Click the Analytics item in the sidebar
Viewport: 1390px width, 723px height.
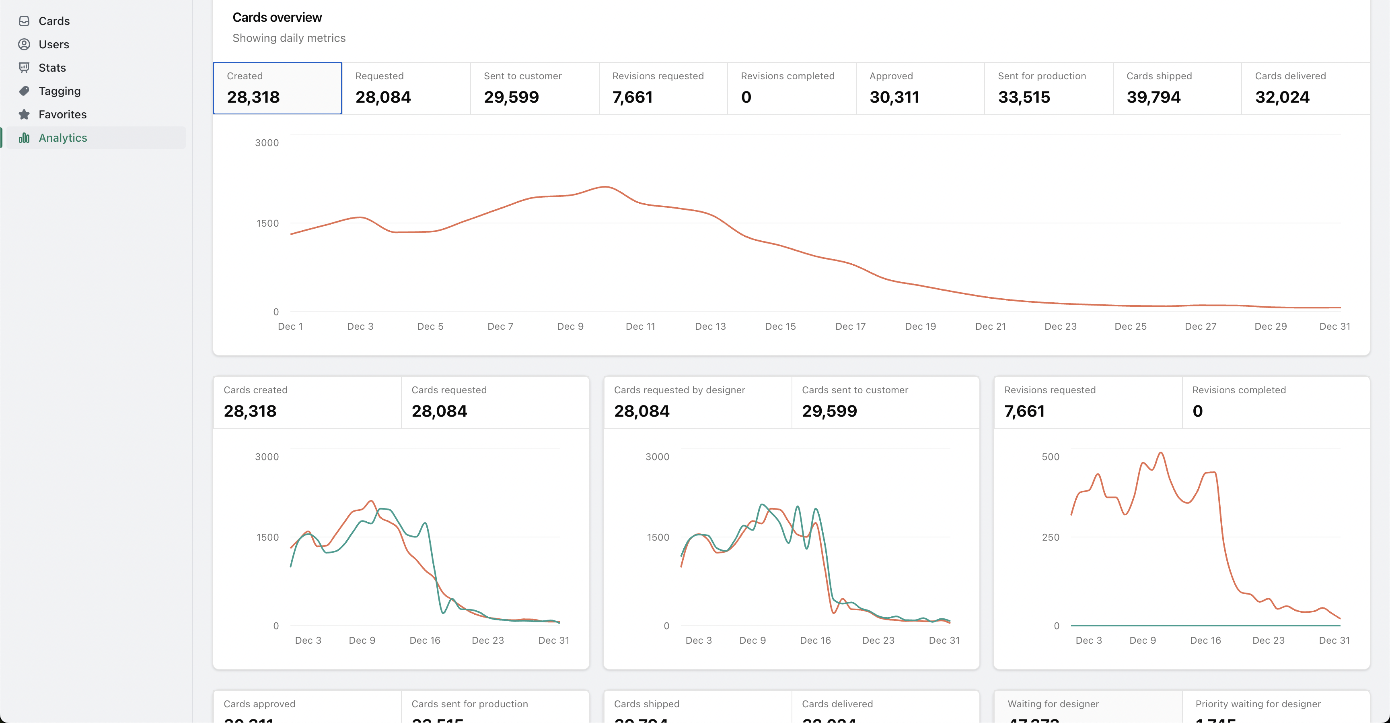coord(63,138)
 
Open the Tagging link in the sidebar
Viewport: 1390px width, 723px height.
coord(60,91)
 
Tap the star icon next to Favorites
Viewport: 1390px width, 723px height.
coord(24,114)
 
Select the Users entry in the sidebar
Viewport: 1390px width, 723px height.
coord(53,44)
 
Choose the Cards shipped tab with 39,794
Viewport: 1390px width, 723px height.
coord(1176,88)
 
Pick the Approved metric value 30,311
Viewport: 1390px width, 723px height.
coord(894,97)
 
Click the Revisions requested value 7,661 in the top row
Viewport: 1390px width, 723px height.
coord(632,97)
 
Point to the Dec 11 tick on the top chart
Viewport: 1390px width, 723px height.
coord(640,326)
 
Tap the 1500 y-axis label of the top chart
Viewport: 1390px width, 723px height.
coord(267,223)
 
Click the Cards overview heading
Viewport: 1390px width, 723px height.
coord(277,17)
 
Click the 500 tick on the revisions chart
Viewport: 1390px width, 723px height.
coord(1050,457)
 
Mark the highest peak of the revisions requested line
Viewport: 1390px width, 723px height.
coord(1161,452)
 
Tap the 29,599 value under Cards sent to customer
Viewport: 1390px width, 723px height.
coord(829,411)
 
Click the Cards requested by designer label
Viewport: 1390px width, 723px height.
coord(679,390)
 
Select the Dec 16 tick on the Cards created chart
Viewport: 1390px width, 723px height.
coord(425,640)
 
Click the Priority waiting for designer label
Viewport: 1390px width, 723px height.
coord(1258,704)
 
